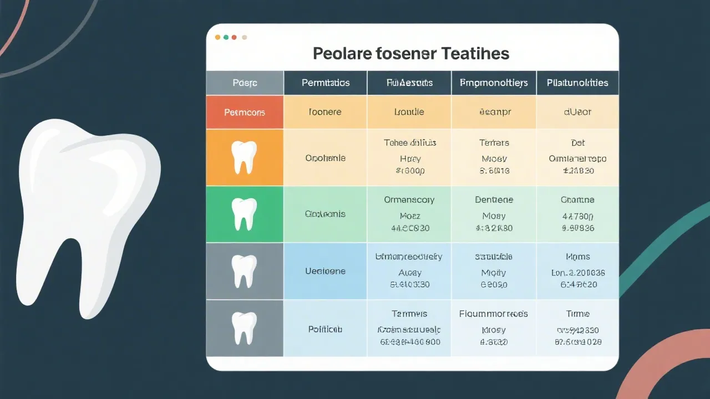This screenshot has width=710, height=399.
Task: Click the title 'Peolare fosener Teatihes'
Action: click(410, 54)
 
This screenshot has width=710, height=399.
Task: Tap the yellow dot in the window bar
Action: click(217, 37)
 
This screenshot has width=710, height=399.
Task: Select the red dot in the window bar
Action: click(235, 37)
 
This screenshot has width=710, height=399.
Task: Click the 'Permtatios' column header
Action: click(326, 83)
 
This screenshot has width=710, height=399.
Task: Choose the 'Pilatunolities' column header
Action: click(577, 83)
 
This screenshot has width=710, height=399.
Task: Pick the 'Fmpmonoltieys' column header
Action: click(494, 83)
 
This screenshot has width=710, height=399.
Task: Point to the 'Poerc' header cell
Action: click(245, 83)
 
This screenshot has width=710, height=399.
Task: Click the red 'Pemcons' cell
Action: click(245, 112)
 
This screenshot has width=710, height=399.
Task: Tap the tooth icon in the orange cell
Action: click(244, 157)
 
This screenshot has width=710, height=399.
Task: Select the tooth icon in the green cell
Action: click(244, 214)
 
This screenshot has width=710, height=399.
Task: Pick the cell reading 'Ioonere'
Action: click(325, 112)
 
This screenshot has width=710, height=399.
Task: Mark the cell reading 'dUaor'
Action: click(577, 112)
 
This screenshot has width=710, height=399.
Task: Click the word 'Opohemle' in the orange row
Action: click(325, 158)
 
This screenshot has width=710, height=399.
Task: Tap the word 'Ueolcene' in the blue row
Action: click(325, 272)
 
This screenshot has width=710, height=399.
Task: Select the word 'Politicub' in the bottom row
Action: click(325, 329)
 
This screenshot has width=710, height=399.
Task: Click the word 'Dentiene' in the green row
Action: click(494, 199)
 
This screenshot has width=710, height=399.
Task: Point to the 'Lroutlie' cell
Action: click(409, 112)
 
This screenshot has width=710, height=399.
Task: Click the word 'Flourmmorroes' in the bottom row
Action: click(494, 314)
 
